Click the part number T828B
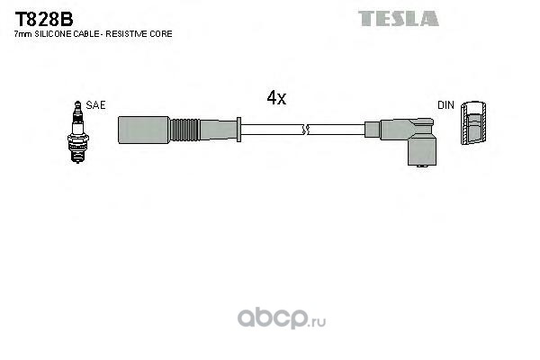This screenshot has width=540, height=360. pyautogui.click(x=44, y=19)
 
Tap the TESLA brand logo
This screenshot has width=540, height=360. pyautogui.click(x=399, y=19)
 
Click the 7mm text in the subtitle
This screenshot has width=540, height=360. pyautogui.click(x=23, y=34)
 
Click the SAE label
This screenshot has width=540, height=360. pyautogui.click(x=95, y=105)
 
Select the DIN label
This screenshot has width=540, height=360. pyautogui.click(x=445, y=105)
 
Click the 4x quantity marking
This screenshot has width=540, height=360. pyautogui.click(x=276, y=98)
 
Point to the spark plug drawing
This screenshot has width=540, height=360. pyautogui.click(x=77, y=132)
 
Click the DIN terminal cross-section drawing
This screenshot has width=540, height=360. pyautogui.click(x=474, y=122)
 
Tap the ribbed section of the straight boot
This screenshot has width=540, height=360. pyautogui.click(x=184, y=130)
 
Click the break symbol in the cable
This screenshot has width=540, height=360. pyautogui.click(x=305, y=130)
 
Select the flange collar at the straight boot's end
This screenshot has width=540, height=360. pyautogui.click(x=238, y=130)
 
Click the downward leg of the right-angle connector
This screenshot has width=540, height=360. pyautogui.click(x=421, y=151)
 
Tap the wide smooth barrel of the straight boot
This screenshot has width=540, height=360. pyautogui.click(x=144, y=130)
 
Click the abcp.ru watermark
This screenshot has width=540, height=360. pyautogui.click(x=282, y=319)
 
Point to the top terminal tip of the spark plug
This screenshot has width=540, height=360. pyautogui.click(x=77, y=103)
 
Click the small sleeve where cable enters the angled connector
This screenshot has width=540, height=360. pyautogui.click(x=373, y=130)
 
